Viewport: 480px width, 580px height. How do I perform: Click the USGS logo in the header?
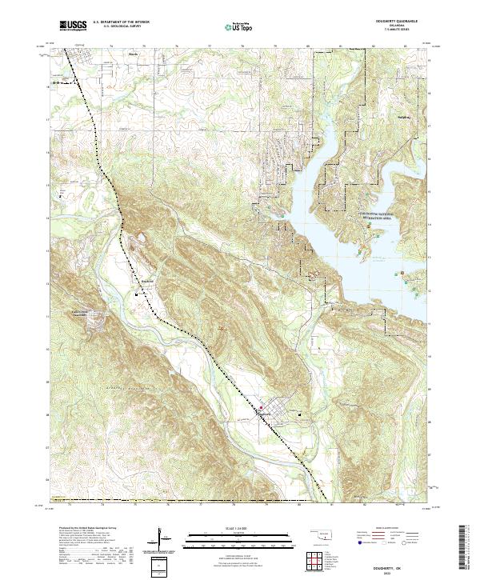(x=73, y=26)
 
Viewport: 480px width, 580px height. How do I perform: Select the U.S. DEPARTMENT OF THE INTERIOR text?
(x=120, y=23)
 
